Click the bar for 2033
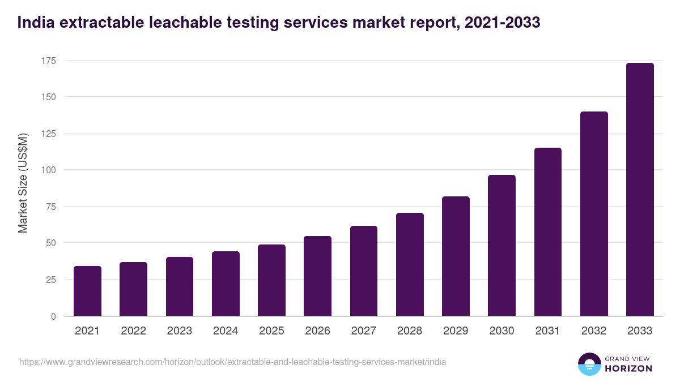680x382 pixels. coord(640,190)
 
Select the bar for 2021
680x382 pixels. coord(87,291)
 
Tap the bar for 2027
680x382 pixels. coord(364,271)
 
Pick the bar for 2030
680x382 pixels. coord(501,246)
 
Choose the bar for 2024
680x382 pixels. coord(226,284)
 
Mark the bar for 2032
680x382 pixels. coord(594,214)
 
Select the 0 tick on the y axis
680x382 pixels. coord(53,316)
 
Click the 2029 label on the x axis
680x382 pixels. coord(456,331)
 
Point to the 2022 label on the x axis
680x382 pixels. coord(133,331)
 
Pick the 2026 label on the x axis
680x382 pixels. coord(317,331)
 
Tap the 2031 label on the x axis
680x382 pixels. coord(548,331)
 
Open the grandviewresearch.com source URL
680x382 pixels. coord(232,362)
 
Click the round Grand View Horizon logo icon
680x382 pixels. coord(589,364)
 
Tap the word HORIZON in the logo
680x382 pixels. coord(629,368)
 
